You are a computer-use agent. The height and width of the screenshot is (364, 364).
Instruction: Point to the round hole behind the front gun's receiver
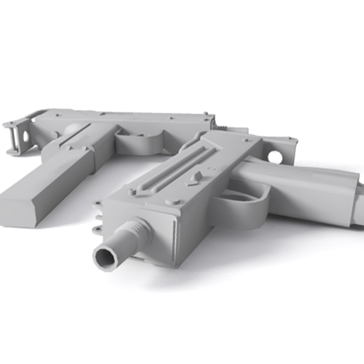(275, 157)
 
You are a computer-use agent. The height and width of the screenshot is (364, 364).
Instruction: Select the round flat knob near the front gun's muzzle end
(173, 201)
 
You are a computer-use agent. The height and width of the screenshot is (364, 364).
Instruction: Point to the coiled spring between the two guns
(221, 127)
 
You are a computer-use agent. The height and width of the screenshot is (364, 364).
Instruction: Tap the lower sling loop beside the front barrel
(97, 229)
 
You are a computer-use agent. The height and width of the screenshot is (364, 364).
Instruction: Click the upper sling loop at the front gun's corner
(97, 204)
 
